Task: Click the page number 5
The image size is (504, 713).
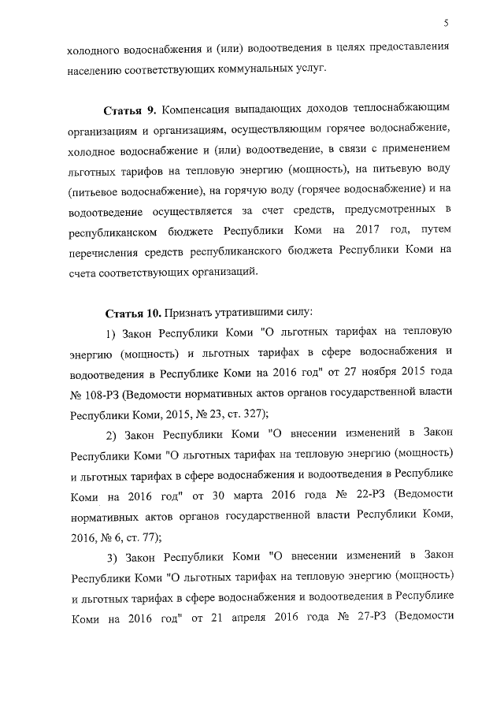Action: tap(446, 23)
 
